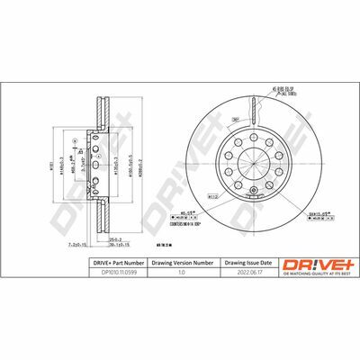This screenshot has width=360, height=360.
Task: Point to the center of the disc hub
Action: [256, 157]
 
